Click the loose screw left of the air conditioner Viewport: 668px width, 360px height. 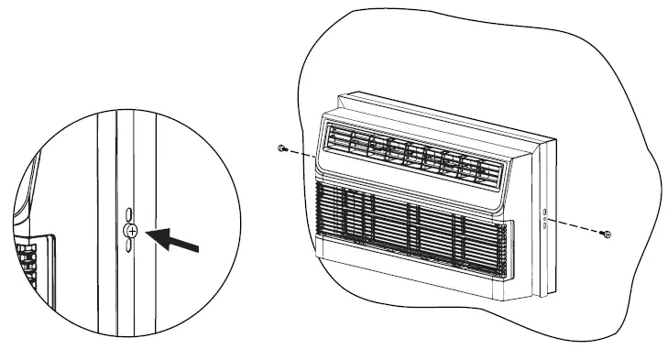click(280, 147)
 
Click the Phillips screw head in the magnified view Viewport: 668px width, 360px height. click(132, 232)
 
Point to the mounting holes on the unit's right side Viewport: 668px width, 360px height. click(544, 218)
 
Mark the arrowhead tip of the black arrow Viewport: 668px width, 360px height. click(148, 233)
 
